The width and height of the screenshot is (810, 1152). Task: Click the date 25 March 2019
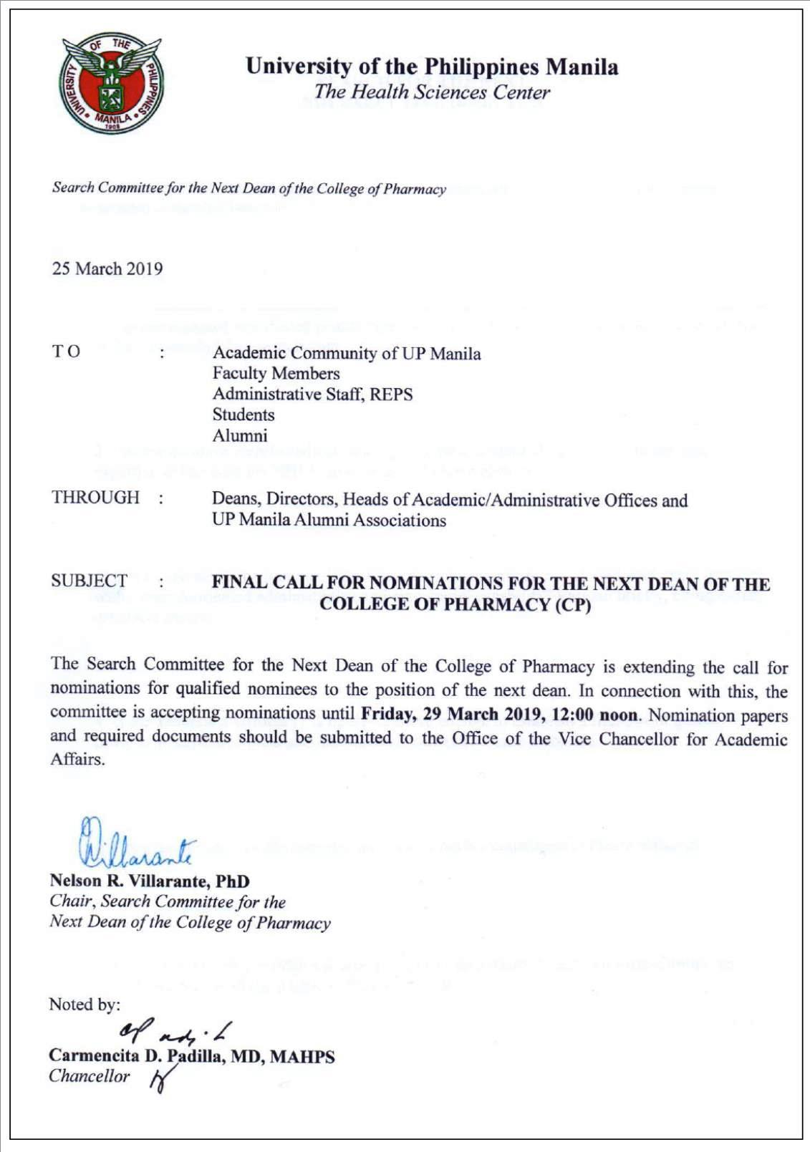[107, 269]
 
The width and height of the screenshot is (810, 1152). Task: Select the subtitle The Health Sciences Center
[432, 92]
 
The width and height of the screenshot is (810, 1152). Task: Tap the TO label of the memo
[66, 352]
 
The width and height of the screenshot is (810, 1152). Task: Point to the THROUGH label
[95, 498]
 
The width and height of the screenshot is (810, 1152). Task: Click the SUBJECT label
[89, 581]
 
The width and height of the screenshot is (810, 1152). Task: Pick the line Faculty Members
[276, 374]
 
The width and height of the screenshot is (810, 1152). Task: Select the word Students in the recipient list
[243, 415]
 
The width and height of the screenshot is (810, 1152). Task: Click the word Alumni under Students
[239, 436]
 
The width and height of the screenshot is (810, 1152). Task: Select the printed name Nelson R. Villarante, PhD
[150, 881]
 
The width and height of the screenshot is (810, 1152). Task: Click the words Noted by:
[85, 1005]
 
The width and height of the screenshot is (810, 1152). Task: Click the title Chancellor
[90, 1077]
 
